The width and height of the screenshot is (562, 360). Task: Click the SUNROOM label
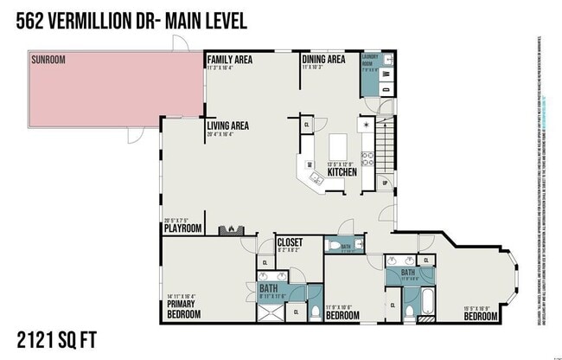click(48, 60)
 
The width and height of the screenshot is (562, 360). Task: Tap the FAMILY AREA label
click(230, 59)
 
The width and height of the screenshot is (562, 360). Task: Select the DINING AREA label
click(323, 59)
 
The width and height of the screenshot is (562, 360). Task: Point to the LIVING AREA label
click(228, 125)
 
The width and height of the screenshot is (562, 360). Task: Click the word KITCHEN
click(342, 172)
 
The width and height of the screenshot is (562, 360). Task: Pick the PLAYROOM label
click(183, 228)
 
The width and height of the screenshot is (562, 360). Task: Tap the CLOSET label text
click(290, 243)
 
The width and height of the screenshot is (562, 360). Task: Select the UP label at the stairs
click(385, 183)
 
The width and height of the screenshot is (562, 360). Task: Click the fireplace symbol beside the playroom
click(232, 228)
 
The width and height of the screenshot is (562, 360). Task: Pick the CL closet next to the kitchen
click(308, 125)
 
